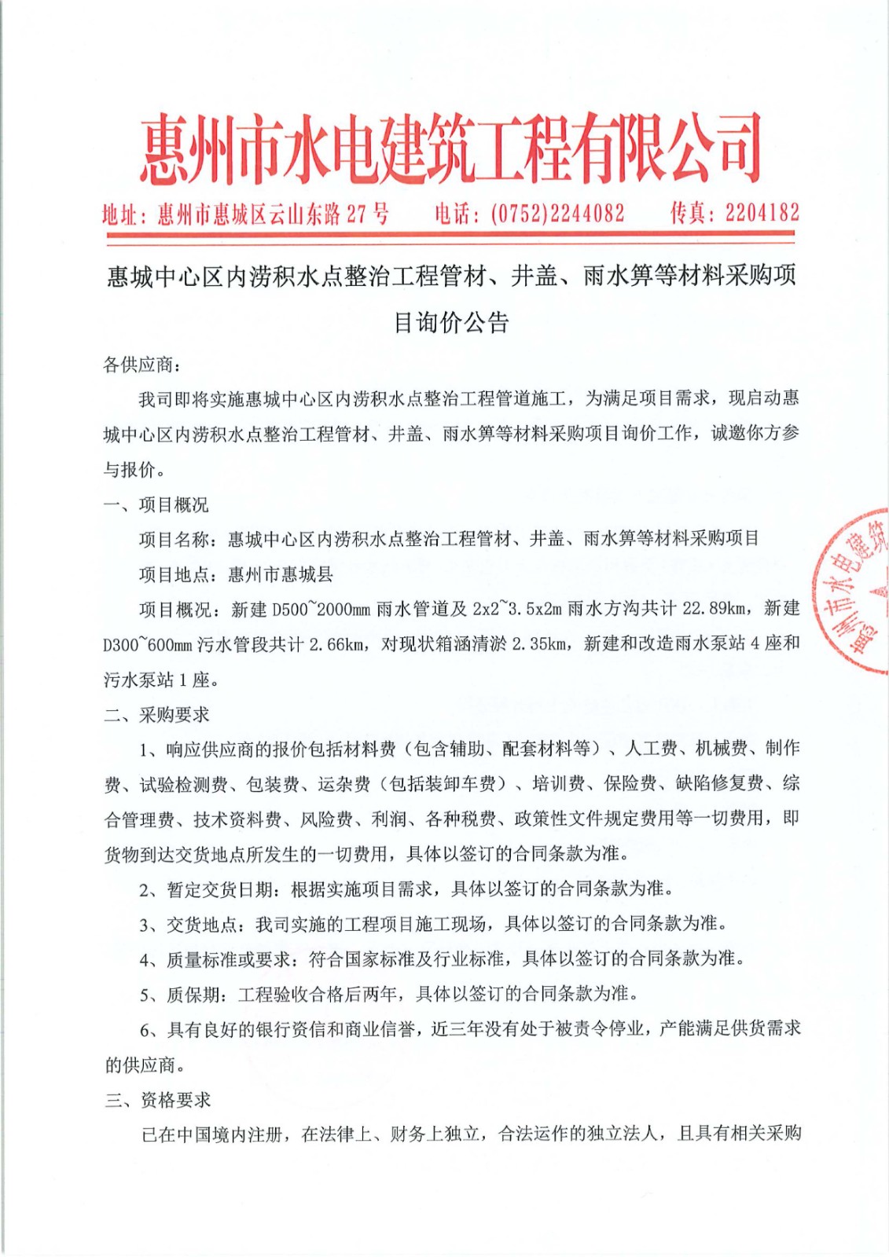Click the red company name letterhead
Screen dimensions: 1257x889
point(450,149)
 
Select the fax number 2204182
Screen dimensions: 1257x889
point(762,213)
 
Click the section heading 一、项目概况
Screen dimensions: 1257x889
point(156,504)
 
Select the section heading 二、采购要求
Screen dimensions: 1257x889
point(156,714)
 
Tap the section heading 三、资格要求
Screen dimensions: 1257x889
point(158,1099)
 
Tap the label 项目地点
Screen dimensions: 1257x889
point(174,574)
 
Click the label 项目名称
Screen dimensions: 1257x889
point(174,539)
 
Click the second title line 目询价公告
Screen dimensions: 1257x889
point(450,322)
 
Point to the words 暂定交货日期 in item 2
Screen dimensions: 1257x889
point(219,889)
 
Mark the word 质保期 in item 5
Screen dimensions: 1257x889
point(193,994)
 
